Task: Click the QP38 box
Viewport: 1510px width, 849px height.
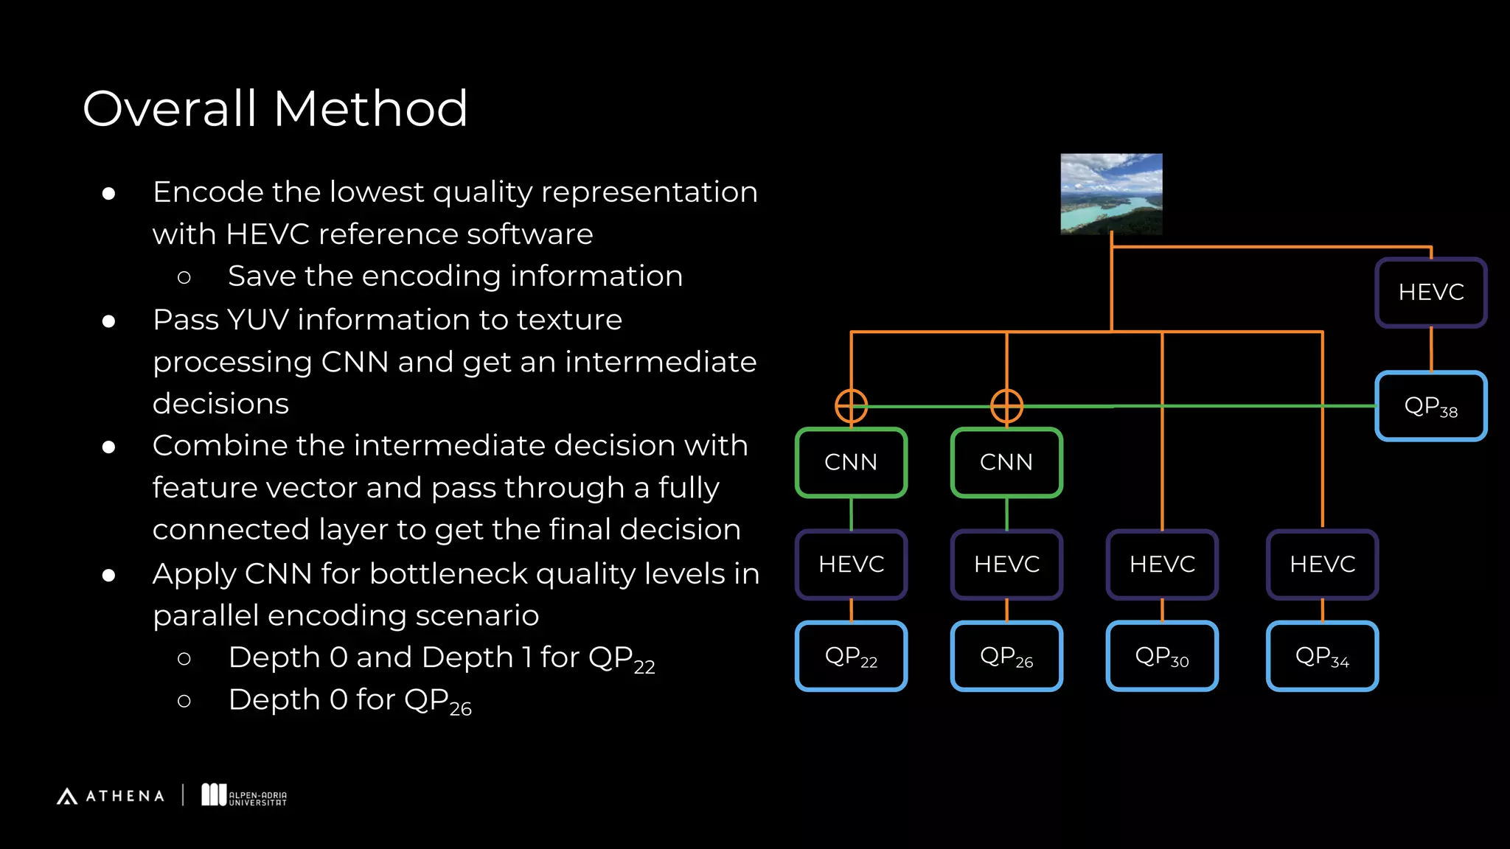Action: [1430, 406]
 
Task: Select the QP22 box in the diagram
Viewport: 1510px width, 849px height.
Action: [851, 656]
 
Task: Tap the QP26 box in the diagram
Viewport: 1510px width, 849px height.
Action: [1006, 656]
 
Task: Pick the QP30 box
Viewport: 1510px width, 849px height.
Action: [1162, 656]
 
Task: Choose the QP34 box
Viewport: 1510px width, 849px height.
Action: [1322, 656]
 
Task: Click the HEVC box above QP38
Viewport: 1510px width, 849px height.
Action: [1430, 292]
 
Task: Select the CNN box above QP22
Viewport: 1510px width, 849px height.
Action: [851, 462]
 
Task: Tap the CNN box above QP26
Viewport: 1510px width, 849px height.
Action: [1006, 462]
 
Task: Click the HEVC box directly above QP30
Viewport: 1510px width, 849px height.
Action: [1162, 564]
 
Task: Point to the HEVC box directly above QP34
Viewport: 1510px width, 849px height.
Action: [1322, 564]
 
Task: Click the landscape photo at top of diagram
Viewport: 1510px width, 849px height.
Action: [1111, 194]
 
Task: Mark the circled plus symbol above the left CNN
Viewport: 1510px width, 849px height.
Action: [851, 405]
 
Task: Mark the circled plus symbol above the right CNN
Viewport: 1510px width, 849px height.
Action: [1006, 405]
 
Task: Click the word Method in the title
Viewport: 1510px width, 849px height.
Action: [370, 109]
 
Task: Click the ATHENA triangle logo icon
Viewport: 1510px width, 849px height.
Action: [67, 796]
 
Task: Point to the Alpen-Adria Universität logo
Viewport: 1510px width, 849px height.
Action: [244, 795]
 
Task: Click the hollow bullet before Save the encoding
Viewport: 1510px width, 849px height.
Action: [184, 277]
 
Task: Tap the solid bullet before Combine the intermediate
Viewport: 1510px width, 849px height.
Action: [109, 447]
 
